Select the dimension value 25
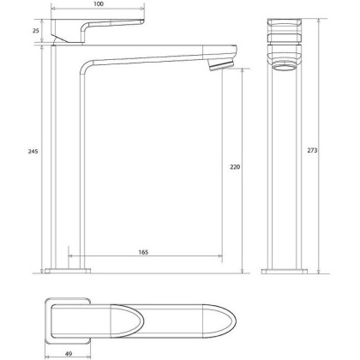(x=35, y=30)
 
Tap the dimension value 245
(x=32, y=151)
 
